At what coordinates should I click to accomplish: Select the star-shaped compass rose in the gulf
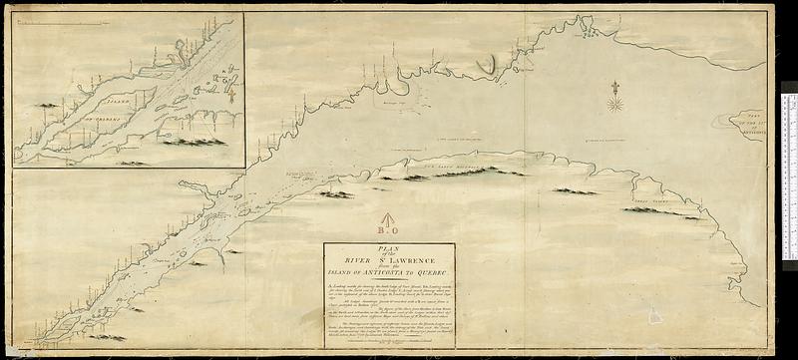click(615, 101)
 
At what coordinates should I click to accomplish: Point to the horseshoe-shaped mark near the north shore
click(486, 65)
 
